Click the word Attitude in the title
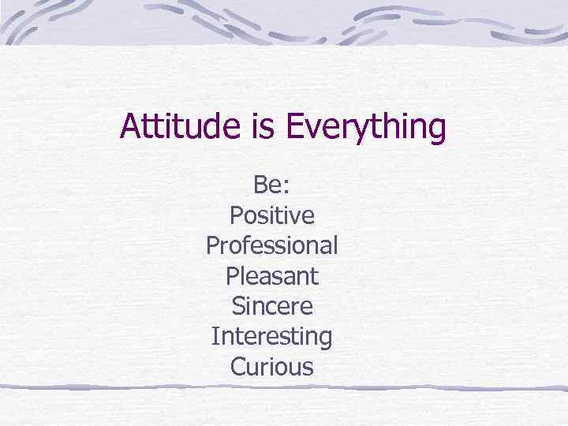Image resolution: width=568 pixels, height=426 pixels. pyautogui.click(x=181, y=127)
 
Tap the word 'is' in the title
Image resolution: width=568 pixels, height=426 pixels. pyautogui.click(x=263, y=127)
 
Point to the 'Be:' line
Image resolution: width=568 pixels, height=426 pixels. pyautogui.click(x=271, y=185)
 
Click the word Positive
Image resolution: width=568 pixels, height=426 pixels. pyautogui.click(x=271, y=215)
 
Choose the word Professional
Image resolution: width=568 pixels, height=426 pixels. pyautogui.click(x=271, y=246)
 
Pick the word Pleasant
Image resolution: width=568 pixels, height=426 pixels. pyautogui.click(x=271, y=276)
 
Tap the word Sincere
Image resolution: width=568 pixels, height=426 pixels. pyautogui.click(x=271, y=306)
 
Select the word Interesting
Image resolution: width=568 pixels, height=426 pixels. pyautogui.click(x=271, y=338)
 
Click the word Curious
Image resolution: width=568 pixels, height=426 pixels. pyautogui.click(x=271, y=368)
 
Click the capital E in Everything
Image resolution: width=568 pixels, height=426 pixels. pyautogui.click(x=294, y=127)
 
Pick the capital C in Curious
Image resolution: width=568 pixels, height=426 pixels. pyautogui.click(x=237, y=368)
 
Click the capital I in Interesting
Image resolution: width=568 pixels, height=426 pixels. pyautogui.click(x=215, y=338)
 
